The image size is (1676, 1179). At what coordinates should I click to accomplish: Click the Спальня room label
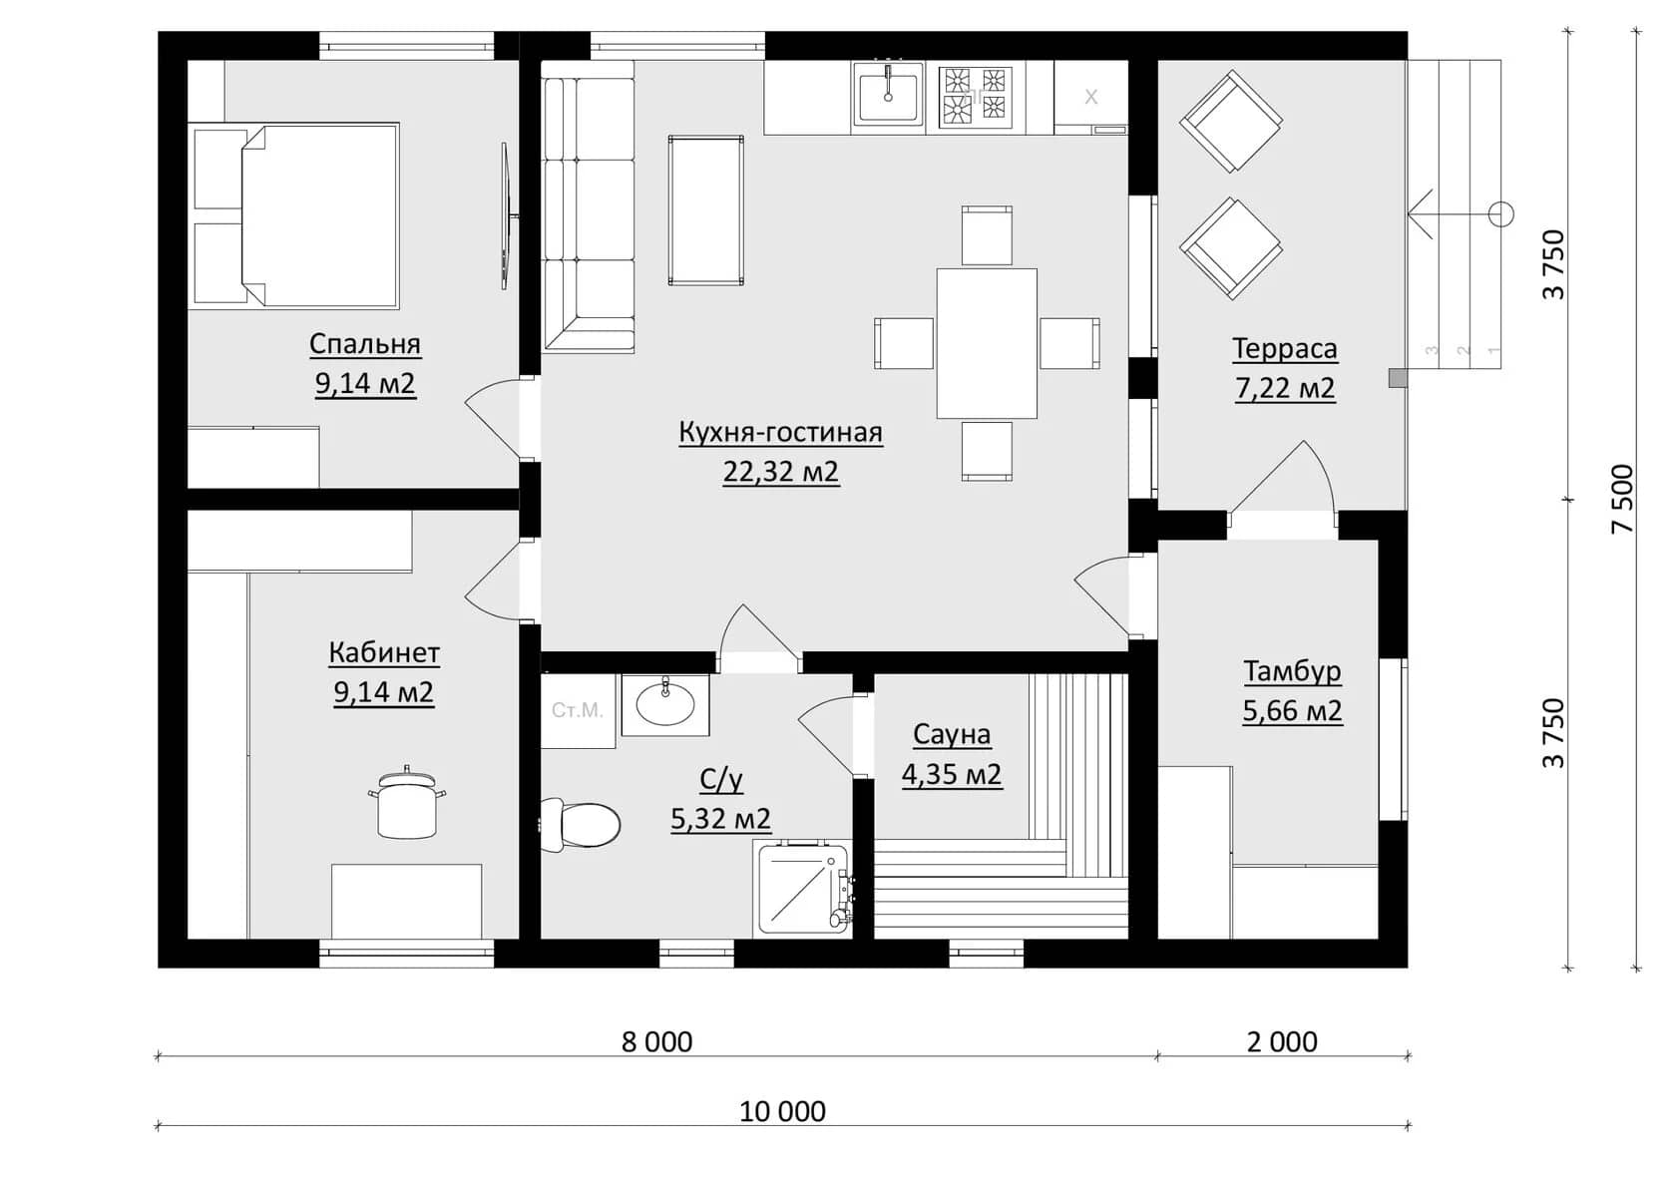365,344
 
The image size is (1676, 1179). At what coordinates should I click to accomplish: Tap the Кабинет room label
384,653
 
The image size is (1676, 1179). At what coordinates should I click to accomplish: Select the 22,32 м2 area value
780,471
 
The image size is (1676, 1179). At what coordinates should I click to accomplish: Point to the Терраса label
1285,349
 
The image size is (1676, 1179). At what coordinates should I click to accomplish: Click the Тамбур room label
1292,671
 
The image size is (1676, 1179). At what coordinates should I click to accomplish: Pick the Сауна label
952,734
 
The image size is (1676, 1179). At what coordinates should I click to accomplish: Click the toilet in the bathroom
580,825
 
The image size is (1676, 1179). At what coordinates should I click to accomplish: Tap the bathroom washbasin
665,704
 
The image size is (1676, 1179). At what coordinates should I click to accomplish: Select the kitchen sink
888,98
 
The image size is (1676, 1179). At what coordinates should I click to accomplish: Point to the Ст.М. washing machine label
577,710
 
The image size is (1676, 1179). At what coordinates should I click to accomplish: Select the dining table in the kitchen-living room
987,343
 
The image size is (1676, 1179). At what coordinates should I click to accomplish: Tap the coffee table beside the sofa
706,210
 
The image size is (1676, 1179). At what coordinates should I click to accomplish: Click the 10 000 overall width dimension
782,1111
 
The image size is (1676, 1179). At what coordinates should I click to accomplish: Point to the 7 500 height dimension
1623,499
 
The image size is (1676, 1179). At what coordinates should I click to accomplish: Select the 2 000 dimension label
1282,1041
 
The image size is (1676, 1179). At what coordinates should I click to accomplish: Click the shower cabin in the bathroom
805,888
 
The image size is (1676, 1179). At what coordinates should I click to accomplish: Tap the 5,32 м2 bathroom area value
720,818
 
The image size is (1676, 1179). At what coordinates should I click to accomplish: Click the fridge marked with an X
1091,98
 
